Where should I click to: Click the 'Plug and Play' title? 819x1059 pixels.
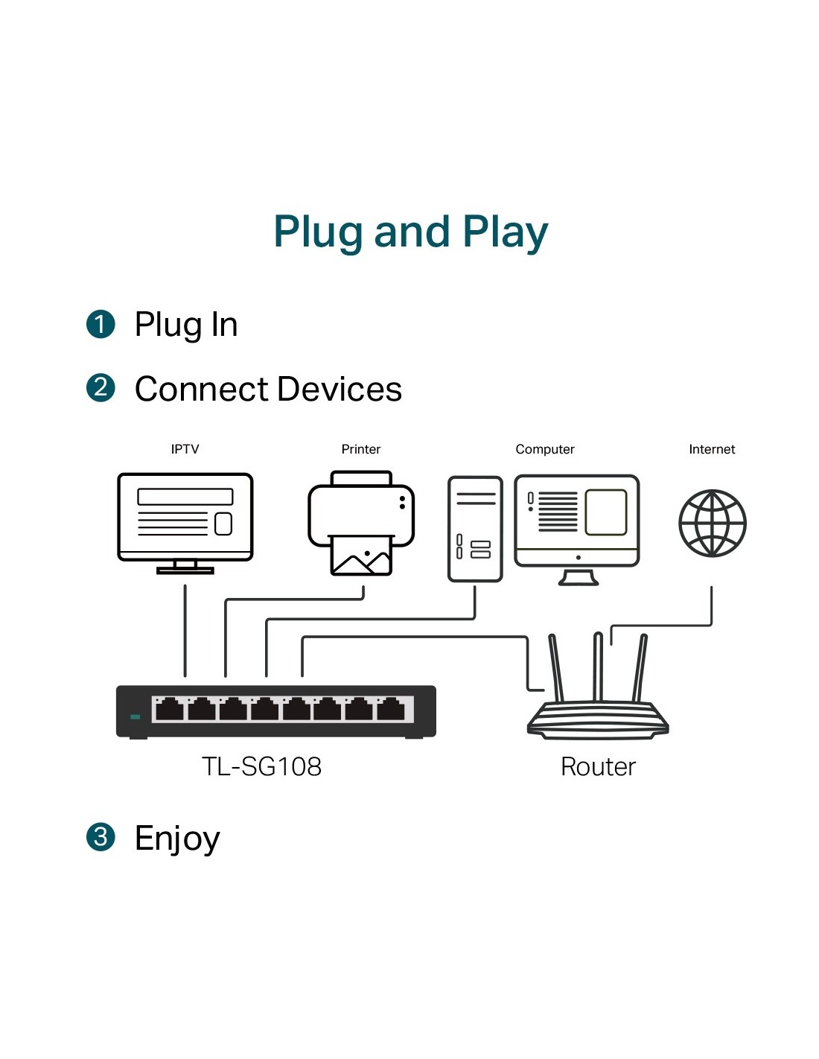coord(410,232)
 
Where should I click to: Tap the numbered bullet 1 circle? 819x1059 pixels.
coord(101,325)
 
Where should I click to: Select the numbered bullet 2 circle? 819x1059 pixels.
coord(101,388)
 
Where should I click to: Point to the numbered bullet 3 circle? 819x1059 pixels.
coord(101,836)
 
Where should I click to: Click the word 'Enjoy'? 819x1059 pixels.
coord(177,839)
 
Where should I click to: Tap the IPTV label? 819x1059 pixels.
coord(185,449)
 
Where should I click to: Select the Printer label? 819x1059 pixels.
coord(360,449)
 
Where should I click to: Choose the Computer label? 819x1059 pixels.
coord(544,449)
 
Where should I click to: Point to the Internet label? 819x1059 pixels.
coord(712,449)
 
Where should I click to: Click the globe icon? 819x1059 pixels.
coord(712,523)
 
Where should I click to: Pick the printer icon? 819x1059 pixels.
coord(361,514)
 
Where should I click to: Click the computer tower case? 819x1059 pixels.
coord(475,529)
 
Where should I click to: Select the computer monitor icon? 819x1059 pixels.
coord(577,521)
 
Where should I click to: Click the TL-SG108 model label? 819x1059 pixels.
coord(261,766)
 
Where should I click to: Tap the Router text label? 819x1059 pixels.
coord(598,766)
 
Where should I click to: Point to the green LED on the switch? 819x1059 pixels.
coord(135,716)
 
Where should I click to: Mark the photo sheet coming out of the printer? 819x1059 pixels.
coord(361,556)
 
